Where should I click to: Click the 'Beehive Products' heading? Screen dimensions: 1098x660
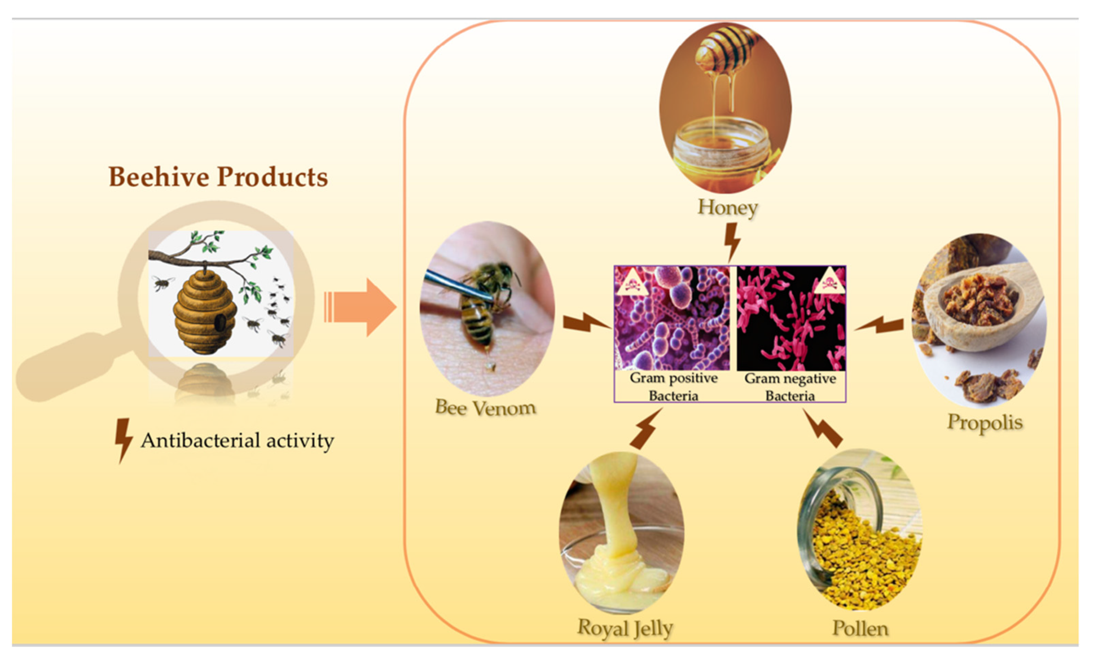click(x=218, y=177)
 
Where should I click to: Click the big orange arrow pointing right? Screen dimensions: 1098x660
click(x=360, y=307)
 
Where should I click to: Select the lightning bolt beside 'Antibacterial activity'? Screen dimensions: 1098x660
click(x=124, y=441)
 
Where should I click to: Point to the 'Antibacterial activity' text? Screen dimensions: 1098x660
click(x=238, y=441)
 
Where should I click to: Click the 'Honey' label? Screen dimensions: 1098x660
click(x=727, y=207)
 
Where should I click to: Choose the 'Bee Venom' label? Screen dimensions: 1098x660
click(x=485, y=407)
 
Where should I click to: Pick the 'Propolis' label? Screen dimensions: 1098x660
click(x=985, y=423)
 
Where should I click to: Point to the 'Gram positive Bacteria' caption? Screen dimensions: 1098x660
click(x=674, y=386)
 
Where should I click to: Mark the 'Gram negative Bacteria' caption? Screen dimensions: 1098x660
click(x=790, y=387)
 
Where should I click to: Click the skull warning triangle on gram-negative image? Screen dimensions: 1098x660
click(x=829, y=281)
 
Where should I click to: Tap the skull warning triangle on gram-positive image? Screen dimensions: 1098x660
click(x=632, y=281)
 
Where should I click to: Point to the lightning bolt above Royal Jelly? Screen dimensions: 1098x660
click(x=646, y=429)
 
